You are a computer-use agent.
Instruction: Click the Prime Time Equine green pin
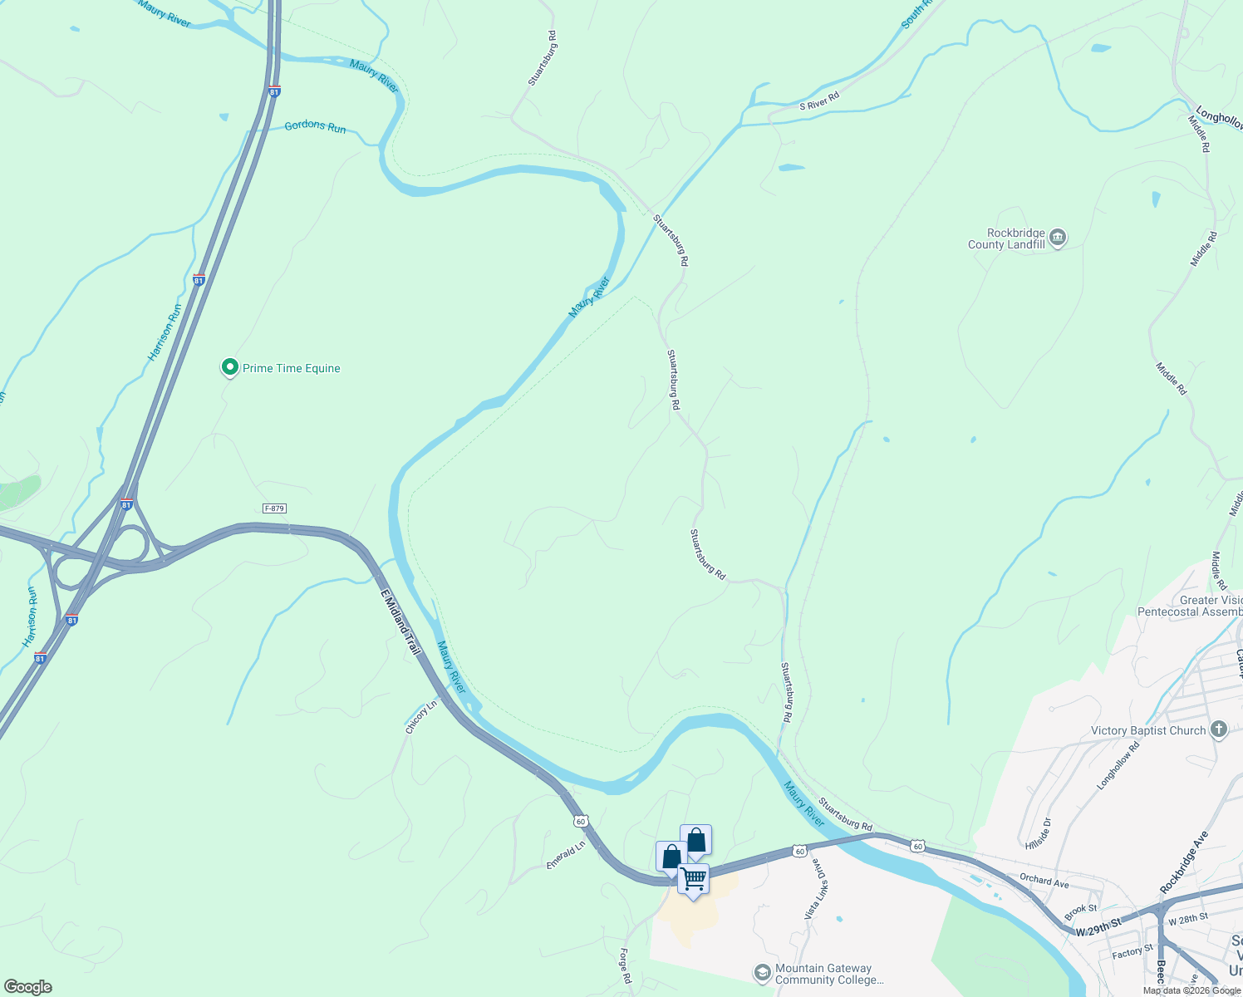click(229, 367)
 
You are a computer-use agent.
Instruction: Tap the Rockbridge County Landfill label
click(1006, 239)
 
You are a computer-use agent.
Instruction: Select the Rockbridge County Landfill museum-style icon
click(1058, 238)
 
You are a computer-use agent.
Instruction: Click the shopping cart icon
click(693, 879)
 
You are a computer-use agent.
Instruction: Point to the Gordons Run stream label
click(315, 126)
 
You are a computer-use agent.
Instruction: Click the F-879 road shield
click(275, 508)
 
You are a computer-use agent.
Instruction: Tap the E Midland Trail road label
click(401, 622)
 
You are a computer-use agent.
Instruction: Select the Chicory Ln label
click(421, 718)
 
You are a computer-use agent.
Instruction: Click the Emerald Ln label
click(566, 854)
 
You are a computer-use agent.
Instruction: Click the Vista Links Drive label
click(817, 888)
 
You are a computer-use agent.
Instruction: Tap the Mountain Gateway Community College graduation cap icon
click(762, 973)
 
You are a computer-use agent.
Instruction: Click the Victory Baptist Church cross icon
click(1219, 730)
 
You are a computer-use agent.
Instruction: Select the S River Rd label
click(819, 101)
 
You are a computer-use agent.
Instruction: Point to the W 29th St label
click(1098, 928)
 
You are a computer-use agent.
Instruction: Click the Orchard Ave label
click(1044, 881)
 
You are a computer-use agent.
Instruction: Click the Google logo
click(27, 987)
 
